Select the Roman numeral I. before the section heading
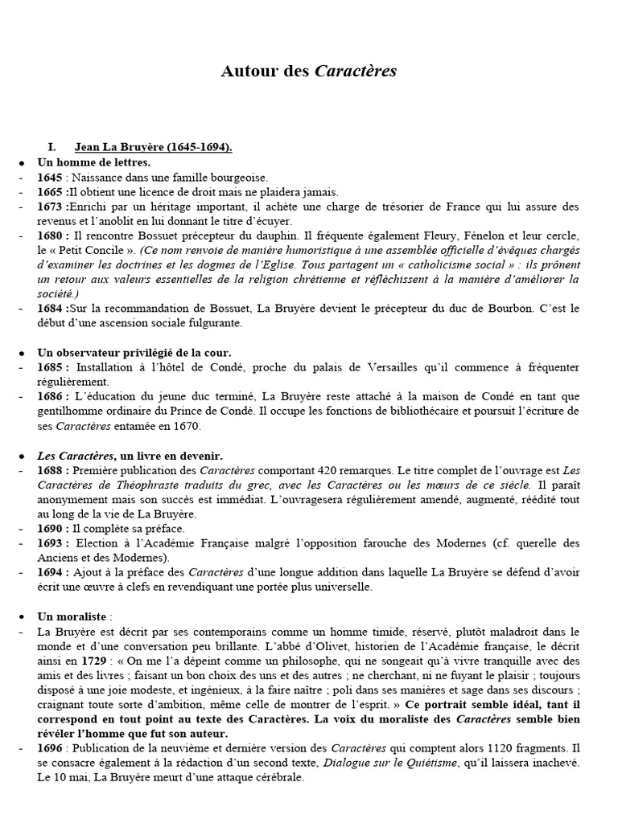coord(52,147)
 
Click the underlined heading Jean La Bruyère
coord(153,147)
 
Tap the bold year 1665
coord(51,191)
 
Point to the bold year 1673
coord(51,207)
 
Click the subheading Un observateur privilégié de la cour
coord(134,353)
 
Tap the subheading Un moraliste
coord(75,617)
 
